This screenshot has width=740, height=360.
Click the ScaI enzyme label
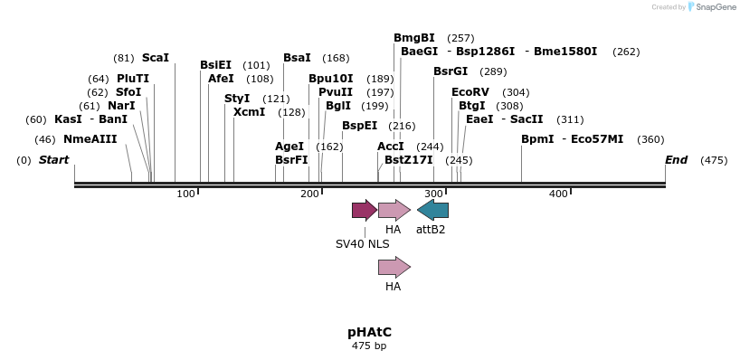156,58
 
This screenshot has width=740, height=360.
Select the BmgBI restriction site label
414,38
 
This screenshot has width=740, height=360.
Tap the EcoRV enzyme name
470,92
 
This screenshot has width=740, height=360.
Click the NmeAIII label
90,139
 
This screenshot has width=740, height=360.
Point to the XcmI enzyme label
249,112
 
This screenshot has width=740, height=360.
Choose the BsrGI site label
451,71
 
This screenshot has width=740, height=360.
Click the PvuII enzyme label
336,92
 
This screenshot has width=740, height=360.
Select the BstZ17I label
409,160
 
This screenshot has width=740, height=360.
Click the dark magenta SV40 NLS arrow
365,211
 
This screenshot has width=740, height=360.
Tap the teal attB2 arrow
432,211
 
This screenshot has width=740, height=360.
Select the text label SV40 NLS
363,243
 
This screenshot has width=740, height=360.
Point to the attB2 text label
431,230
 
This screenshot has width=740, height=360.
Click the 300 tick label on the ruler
434,194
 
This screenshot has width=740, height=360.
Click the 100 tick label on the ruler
186,194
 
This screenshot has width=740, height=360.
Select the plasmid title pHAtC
369,332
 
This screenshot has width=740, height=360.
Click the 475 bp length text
369,346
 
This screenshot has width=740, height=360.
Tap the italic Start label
53,160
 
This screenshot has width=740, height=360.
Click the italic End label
676,160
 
